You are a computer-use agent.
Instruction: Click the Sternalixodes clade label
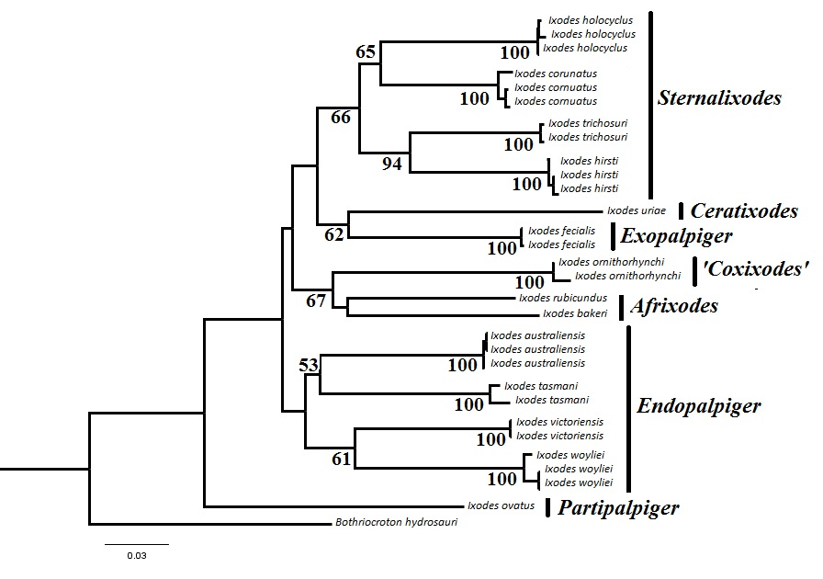(719, 98)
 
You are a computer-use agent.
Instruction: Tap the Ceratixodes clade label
(744, 211)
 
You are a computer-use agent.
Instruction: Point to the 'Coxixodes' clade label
(755, 270)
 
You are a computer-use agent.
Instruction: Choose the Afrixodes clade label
(674, 306)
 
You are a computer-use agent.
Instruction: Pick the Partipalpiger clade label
(618, 508)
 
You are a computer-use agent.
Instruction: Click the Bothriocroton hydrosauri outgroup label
(395, 523)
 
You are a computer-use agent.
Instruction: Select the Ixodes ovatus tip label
(501, 505)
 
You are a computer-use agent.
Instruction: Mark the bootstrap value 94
(393, 165)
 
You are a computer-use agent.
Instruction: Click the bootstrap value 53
(309, 366)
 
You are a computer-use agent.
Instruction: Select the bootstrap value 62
(333, 234)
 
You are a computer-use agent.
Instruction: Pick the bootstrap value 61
(342, 459)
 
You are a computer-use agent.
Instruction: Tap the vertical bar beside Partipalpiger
(547, 507)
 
